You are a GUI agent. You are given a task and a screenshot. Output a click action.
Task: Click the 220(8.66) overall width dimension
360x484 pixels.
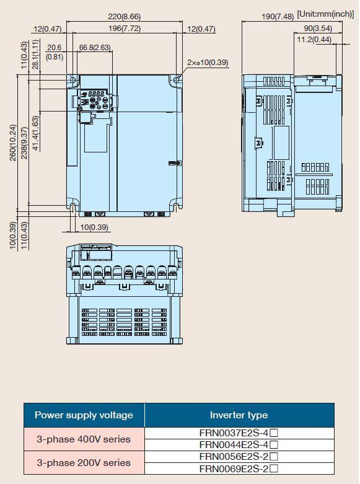pyautogui.click(x=124, y=16)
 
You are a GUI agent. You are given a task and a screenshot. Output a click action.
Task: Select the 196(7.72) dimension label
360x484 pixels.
pyautogui.click(x=125, y=29)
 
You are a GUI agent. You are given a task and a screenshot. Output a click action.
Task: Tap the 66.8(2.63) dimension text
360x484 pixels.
pyautogui.click(x=95, y=48)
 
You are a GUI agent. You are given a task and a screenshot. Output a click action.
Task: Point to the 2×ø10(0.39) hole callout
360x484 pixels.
pyautogui.click(x=208, y=63)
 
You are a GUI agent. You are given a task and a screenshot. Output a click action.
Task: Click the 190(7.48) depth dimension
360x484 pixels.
pyautogui.click(x=278, y=16)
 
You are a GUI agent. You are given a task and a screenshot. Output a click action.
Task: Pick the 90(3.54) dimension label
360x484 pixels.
pyautogui.click(x=318, y=29)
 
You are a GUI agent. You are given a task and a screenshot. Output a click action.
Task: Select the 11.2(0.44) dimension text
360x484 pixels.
pyautogui.click(x=314, y=40)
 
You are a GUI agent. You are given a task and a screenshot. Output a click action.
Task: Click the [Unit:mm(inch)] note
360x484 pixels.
pyautogui.click(x=325, y=14)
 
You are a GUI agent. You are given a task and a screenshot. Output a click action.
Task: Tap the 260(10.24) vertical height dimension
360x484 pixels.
pyautogui.click(x=12, y=143)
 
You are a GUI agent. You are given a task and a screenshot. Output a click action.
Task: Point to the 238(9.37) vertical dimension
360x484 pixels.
pyautogui.click(x=24, y=143)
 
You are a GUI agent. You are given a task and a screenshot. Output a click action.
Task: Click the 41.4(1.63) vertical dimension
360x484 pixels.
pyautogui.click(x=35, y=133)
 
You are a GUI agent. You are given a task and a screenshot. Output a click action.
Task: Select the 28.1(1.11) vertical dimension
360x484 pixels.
pyautogui.click(x=35, y=55)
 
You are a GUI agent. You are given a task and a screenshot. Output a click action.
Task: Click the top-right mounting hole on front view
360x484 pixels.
pyautogui.click(x=177, y=80)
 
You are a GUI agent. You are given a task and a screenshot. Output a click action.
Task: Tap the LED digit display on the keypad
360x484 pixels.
pyautogui.click(x=96, y=93)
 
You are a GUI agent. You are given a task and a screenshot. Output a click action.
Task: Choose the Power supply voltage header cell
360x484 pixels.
pyautogui.click(x=84, y=415)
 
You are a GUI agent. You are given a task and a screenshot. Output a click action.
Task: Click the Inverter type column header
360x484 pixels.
pyautogui.click(x=239, y=415)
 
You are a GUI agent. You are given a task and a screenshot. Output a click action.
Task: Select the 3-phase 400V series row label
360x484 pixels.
pyautogui.click(x=84, y=439)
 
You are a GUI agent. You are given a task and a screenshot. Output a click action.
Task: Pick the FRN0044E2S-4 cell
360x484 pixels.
pyautogui.click(x=239, y=445)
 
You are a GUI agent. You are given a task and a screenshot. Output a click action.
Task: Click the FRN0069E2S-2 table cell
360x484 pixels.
pyautogui.click(x=239, y=469)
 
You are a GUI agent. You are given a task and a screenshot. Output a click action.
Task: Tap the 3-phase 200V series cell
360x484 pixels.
pyautogui.click(x=84, y=463)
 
